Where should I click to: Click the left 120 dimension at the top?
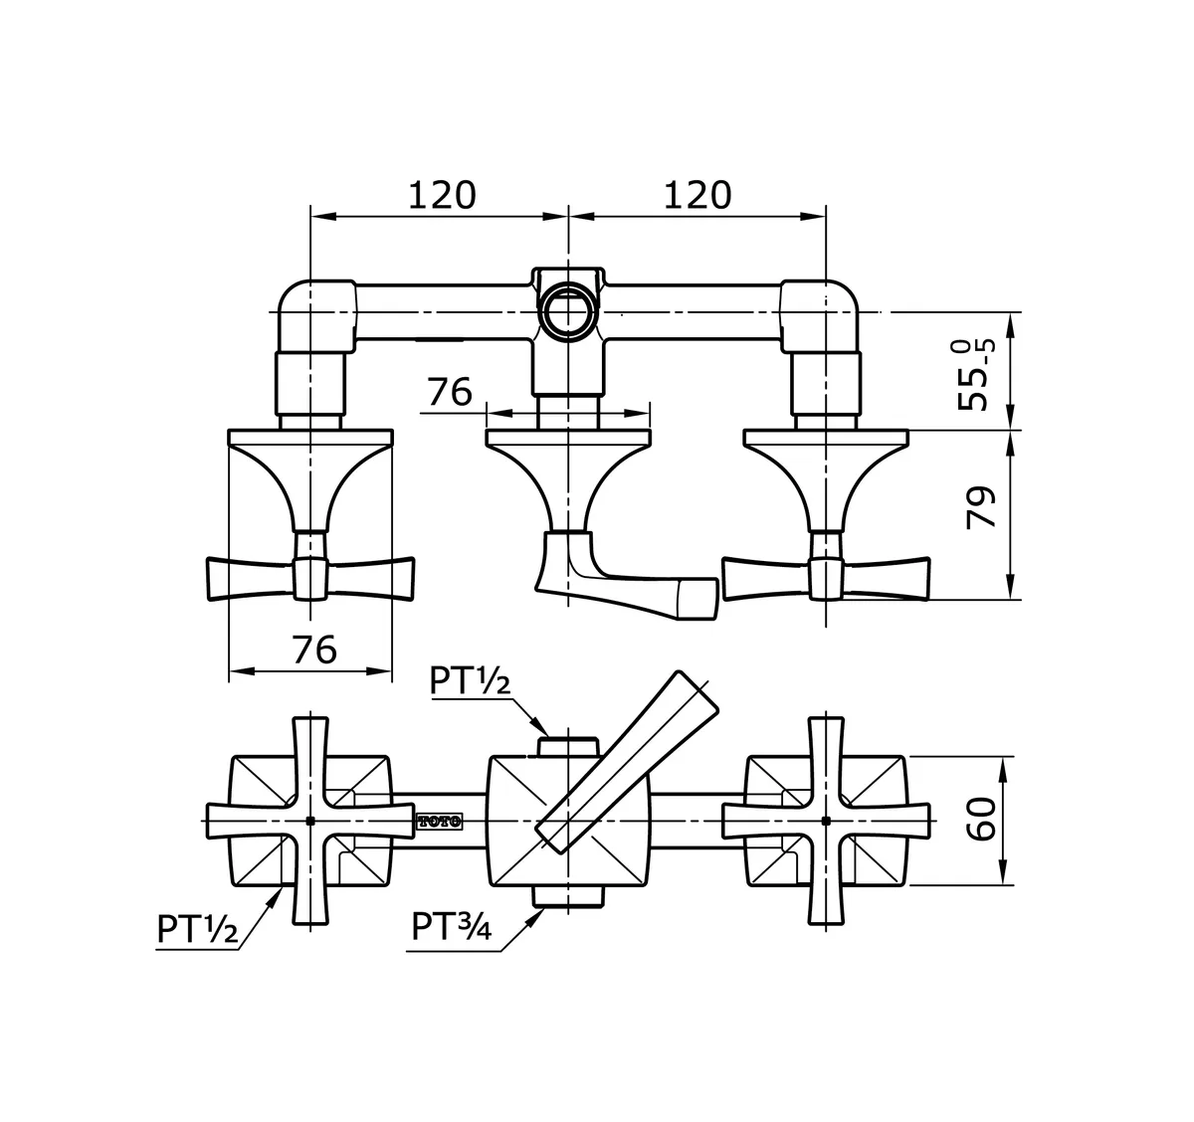[442, 195]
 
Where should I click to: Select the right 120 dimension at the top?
[697, 195]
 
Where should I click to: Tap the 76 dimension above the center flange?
[450, 392]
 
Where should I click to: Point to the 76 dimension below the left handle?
[314, 650]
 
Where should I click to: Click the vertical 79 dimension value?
[982, 507]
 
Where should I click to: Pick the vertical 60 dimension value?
[982, 821]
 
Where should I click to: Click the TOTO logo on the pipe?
[439, 821]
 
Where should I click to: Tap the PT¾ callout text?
[452, 927]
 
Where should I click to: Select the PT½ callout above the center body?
[470, 682]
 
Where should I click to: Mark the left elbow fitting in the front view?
[314, 313]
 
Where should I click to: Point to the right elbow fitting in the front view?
[821, 313]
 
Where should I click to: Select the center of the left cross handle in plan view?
[310, 821]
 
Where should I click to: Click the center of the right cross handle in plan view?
[826, 821]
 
